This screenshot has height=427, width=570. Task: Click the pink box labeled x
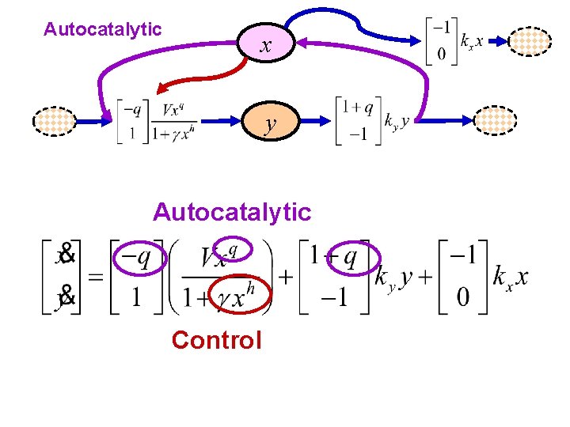pyautogui.click(x=266, y=46)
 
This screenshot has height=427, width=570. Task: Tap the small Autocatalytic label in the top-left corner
pyautogui.click(x=102, y=30)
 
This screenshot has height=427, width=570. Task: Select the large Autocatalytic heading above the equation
pyautogui.click(x=232, y=212)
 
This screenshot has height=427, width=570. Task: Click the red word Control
pyautogui.click(x=216, y=340)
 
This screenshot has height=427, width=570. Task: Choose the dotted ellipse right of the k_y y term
pyautogui.click(x=495, y=121)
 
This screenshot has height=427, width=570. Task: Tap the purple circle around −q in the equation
pyautogui.click(x=139, y=257)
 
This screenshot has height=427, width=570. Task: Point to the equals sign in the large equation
pyautogui.click(x=94, y=279)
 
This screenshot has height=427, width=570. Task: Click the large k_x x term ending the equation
pyautogui.click(x=510, y=278)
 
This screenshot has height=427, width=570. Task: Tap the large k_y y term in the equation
pyautogui.click(x=393, y=279)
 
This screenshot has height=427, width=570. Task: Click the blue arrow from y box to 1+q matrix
pyautogui.click(x=313, y=121)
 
